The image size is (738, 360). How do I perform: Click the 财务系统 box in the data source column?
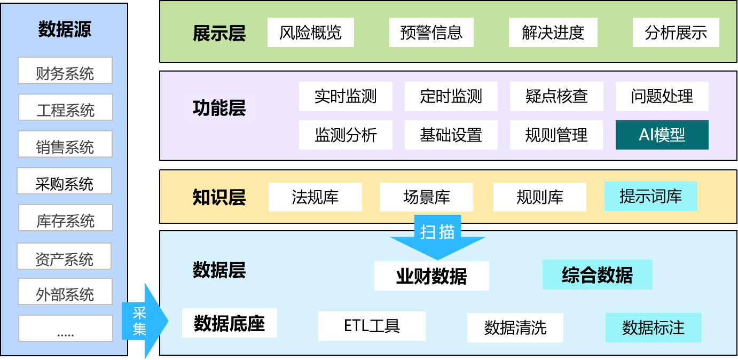(65, 71)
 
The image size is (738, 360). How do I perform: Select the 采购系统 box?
(64, 181)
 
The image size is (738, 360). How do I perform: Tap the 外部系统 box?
(65, 291)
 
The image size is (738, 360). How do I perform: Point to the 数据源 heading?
(65, 29)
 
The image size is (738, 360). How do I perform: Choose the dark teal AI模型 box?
(662, 135)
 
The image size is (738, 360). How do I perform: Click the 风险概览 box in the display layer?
(310, 33)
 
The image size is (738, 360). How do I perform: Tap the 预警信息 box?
(431, 33)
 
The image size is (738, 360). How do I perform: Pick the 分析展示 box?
(676, 33)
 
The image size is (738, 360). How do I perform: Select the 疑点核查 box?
(556, 96)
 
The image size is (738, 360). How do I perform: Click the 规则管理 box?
(556, 135)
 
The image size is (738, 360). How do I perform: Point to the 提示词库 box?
(650, 196)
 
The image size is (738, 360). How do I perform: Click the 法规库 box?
(315, 197)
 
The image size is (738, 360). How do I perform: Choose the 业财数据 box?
(431, 276)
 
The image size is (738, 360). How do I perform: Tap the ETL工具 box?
(372, 326)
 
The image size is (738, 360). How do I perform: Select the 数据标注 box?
(653, 327)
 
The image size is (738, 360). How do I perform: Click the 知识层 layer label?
(219, 198)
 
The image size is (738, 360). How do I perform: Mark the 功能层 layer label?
(219, 108)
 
